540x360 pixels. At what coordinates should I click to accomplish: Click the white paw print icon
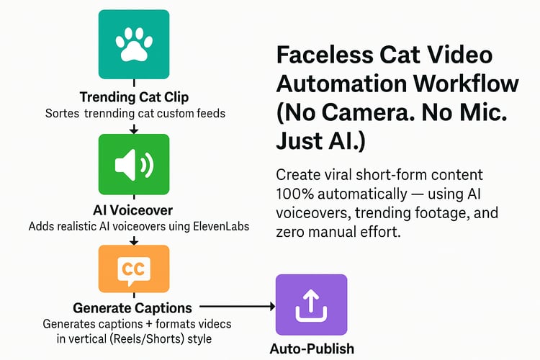(134, 44)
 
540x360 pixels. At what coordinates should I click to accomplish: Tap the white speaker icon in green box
(134, 165)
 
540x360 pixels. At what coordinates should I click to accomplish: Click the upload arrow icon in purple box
(311, 305)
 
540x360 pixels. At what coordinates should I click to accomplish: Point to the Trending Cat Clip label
(134, 97)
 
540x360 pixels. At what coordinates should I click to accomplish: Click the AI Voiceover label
(133, 210)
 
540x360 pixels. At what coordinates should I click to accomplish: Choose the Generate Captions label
(132, 308)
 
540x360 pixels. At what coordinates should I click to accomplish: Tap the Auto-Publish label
(312, 348)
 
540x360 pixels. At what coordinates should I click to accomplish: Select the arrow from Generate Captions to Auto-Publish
(238, 306)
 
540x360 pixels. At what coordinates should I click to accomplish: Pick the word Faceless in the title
(325, 55)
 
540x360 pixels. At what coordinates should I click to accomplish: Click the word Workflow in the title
(466, 84)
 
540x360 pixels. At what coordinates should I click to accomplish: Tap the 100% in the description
(295, 194)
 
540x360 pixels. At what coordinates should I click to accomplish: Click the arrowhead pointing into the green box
(134, 130)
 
